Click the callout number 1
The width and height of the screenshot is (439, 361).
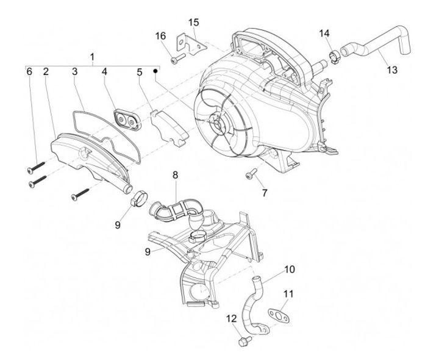point(92,57)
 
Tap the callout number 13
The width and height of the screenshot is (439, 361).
point(391,70)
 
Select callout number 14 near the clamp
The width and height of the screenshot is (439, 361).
point(324,32)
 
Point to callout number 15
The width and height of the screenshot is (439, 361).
point(193,23)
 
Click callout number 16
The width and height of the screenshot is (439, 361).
point(160,36)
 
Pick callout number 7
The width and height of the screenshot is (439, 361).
point(264,193)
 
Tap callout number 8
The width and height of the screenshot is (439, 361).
point(175,175)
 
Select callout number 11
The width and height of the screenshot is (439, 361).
point(288,293)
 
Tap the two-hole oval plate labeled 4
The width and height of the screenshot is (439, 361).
point(128,119)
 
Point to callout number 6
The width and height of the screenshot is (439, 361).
point(29,72)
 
